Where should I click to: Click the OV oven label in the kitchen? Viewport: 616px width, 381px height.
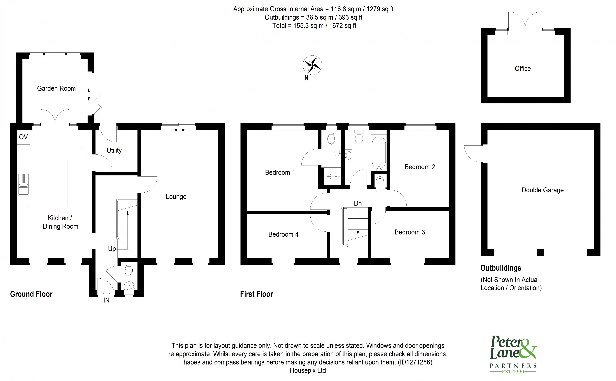pos(23,137)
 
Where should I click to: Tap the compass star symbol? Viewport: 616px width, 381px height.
pos(312,65)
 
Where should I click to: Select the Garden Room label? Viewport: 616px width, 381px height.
pos(56,88)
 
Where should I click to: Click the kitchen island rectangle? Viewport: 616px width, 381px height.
pos(58,182)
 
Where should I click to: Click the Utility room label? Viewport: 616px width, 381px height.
pos(114,150)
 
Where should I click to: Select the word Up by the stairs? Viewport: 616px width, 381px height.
pos(112,249)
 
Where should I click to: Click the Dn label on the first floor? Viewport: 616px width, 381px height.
pos(358,203)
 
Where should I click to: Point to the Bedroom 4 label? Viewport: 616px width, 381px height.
pos(283,234)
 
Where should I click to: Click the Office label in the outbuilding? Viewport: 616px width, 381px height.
pos(523,69)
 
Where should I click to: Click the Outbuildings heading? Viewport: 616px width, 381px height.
pos(501,268)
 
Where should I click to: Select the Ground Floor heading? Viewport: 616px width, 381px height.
pos(31,294)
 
